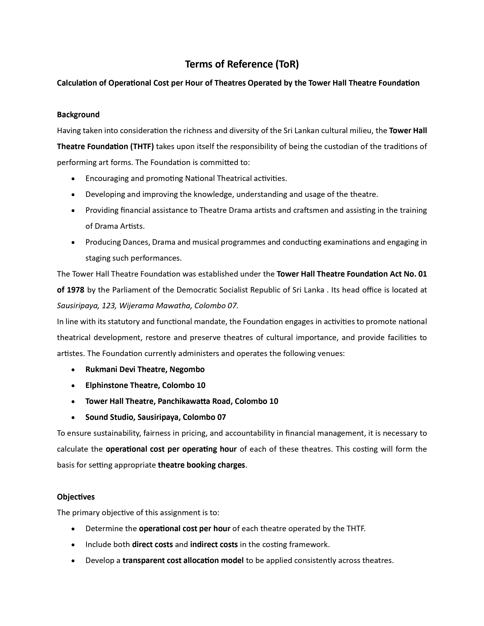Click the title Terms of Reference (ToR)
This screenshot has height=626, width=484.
(x=242, y=64)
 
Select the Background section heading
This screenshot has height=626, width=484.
(x=78, y=115)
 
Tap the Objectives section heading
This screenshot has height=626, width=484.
(x=76, y=497)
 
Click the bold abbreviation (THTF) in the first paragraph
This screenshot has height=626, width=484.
(x=142, y=147)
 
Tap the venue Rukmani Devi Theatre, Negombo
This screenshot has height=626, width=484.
(x=145, y=370)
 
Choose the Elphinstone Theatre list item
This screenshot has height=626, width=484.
(x=145, y=385)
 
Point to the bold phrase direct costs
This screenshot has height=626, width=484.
(x=152, y=544)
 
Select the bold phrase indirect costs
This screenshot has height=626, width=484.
(x=214, y=544)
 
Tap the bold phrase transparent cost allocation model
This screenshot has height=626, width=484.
(x=183, y=560)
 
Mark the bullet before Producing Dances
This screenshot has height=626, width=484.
(x=74, y=242)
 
